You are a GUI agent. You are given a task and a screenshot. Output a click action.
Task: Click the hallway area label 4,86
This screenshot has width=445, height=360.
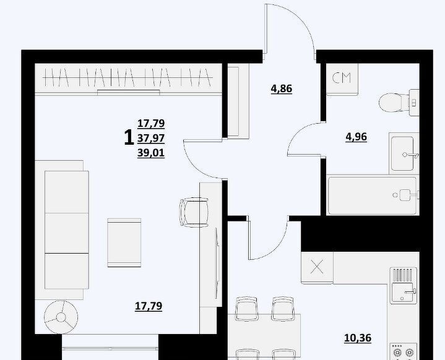pyautogui.click(x=281, y=89)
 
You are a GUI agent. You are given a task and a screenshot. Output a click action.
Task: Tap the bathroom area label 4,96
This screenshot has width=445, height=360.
pyautogui.click(x=356, y=137)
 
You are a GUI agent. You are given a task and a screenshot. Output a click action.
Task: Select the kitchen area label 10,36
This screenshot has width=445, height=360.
pyautogui.click(x=358, y=338)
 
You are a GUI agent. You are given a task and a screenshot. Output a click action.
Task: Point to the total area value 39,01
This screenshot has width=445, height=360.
pyautogui.click(x=151, y=153)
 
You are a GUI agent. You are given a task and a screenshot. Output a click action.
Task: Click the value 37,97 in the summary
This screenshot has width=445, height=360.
pyautogui.click(x=151, y=139)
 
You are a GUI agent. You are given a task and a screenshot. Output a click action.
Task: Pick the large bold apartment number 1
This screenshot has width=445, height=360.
pyautogui.click(x=129, y=137)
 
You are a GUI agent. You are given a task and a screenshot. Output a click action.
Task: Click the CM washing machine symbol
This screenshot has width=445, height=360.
pyautogui.click(x=342, y=78)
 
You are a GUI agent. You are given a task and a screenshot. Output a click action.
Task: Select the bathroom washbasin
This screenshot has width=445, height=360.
pyautogui.click(x=402, y=153)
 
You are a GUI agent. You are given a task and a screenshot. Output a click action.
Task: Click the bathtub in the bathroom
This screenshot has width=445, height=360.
pyautogui.click(x=373, y=195)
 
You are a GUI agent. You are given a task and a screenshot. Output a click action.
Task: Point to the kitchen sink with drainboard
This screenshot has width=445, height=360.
pyautogui.click(x=404, y=285)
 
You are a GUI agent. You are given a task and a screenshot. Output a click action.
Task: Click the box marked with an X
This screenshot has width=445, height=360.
pyautogui.click(x=317, y=267)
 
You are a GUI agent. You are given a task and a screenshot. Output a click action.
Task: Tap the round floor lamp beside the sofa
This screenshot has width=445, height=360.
pyautogui.click(x=61, y=317)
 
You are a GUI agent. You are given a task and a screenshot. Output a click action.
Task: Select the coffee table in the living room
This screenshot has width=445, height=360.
pyautogui.click(x=124, y=242)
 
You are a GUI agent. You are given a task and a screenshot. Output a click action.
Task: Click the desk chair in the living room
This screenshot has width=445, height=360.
pyautogui.click(x=194, y=212)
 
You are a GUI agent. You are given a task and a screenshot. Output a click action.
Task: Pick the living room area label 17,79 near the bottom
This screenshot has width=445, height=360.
pyautogui.click(x=149, y=306)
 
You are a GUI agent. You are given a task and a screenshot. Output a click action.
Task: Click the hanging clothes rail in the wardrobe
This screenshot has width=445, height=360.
pyautogui.click(x=127, y=77)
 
